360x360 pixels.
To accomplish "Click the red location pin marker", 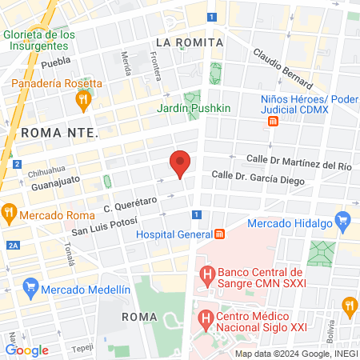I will (180, 163).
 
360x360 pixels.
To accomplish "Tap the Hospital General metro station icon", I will (219, 234).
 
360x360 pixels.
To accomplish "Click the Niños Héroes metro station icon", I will (273, 122).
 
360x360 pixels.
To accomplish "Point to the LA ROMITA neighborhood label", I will (190, 41).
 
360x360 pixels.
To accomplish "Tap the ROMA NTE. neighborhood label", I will (60, 132).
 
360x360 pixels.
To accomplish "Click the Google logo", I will (26, 350).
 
